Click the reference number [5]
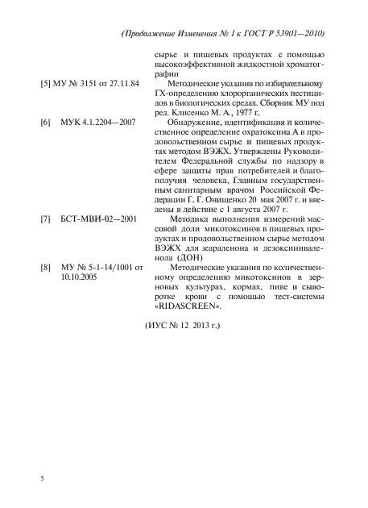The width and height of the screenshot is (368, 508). (x=47, y=83)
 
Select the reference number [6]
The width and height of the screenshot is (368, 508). (x=47, y=123)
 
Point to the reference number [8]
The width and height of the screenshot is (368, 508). (x=47, y=266)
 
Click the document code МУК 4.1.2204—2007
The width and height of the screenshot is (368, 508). (x=97, y=123)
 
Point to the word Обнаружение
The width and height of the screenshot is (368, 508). (x=196, y=123)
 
